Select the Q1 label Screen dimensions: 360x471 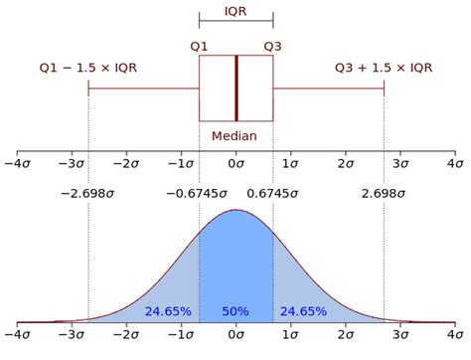[x=199, y=45]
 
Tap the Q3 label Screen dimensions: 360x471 [x=273, y=45]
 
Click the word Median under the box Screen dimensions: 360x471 [x=235, y=135]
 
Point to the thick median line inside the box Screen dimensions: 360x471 [x=236, y=88]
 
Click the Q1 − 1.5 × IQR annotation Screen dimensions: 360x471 [x=89, y=68]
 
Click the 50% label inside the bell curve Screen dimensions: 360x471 [x=235, y=311]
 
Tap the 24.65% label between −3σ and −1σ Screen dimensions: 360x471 [x=167, y=311]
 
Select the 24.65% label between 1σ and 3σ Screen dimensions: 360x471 [x=303, y=311]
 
